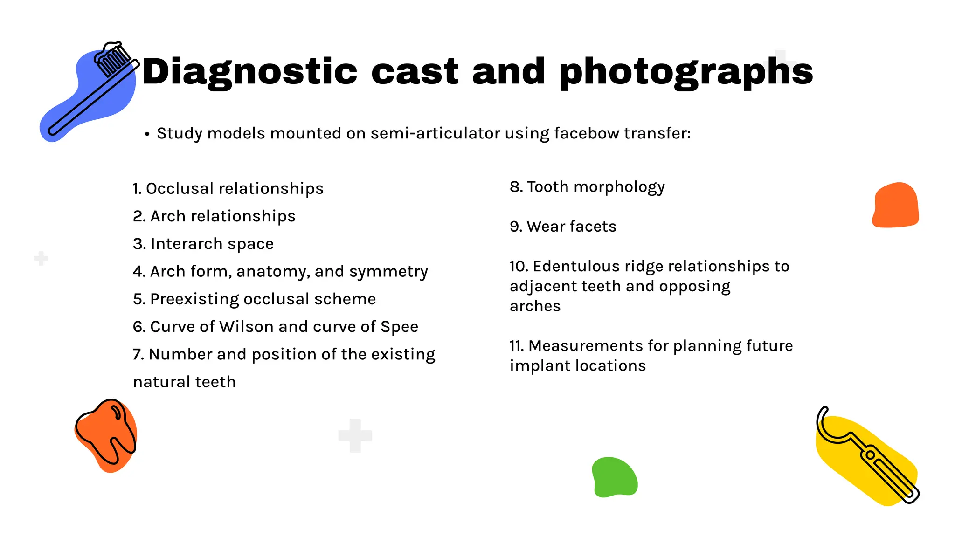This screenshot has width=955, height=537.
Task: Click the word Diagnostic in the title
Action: point(250,72)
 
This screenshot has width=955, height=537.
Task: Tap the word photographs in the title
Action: point(686,72)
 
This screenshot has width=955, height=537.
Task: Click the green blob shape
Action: point(615,477)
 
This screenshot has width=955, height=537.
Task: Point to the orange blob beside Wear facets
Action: point(895,205)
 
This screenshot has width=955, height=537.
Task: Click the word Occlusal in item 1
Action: point(180,189)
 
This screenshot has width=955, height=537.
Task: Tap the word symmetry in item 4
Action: point(388,272)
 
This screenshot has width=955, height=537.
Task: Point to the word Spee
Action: point(399,327)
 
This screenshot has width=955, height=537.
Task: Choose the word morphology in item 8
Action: point(619,187)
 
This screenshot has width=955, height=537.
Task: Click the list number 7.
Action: point(138,355)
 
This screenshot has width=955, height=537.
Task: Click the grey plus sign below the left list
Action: point(355,436)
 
